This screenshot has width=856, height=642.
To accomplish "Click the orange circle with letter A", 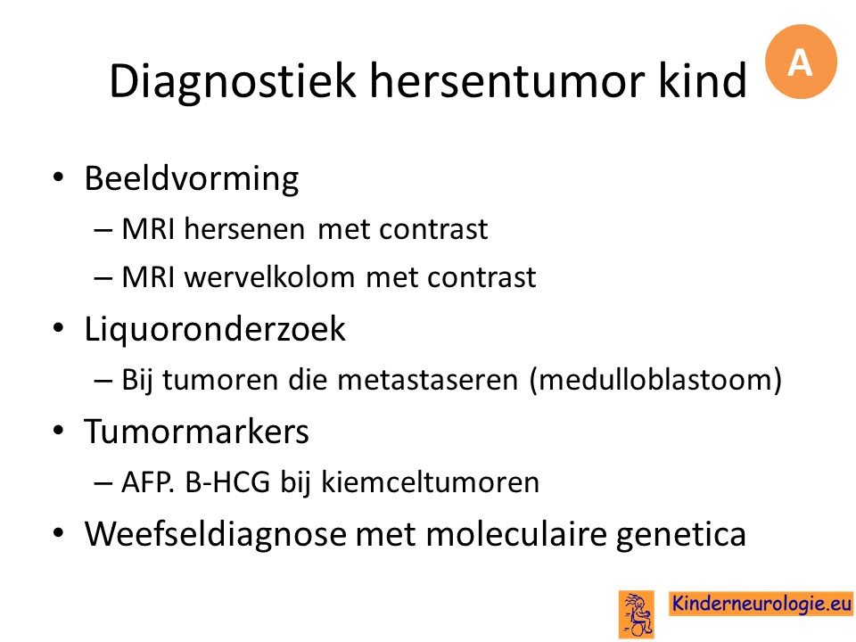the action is pos(801,62).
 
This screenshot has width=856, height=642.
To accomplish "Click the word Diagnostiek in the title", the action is pos(233,82).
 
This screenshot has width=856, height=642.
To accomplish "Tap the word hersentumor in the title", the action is pos(507,81).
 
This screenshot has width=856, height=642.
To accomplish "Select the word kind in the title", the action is pos(702,81).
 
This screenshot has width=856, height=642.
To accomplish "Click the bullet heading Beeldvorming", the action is pos(192,178).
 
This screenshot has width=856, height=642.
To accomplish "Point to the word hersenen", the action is pos(244,229).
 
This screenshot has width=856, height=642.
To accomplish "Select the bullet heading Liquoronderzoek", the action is pos(215,329).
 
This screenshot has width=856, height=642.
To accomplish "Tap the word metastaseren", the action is pos(427,380).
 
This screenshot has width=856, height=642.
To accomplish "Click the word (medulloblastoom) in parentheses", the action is pos(655,380).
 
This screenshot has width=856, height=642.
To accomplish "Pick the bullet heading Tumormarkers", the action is pos(196,432).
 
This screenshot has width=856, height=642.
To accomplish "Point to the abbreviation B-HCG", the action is pos(227,482).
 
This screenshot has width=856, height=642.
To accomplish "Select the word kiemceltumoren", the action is pos(430,482).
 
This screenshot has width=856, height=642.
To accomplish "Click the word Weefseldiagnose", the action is pos(216,534).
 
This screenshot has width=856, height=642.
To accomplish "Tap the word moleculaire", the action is pos(516,533).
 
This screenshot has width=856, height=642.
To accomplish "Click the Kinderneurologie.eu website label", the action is pos(761,604).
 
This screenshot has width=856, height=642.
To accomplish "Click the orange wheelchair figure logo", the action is pos(636,614).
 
